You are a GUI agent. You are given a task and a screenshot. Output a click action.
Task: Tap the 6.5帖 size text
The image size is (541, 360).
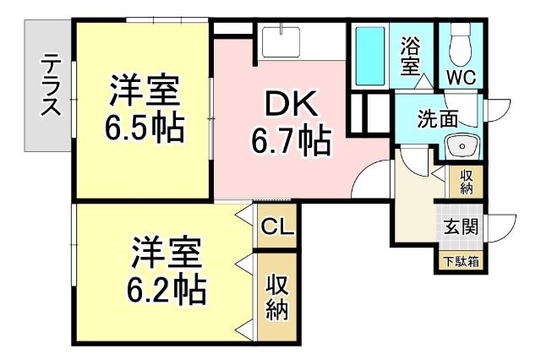pos(145,127)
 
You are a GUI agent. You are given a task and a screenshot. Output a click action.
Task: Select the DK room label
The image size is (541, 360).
pos(290,105)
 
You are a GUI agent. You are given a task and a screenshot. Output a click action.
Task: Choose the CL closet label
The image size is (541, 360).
pos(277,226)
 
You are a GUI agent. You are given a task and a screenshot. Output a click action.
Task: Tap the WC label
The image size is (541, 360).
pos(462,76)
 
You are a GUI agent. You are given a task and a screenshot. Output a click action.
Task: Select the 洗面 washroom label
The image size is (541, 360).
pos(437,119)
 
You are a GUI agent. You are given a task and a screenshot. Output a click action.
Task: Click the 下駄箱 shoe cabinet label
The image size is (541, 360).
pos(462,261)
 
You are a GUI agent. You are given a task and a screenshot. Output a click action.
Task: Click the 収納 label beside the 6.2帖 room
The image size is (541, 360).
pos(277,297)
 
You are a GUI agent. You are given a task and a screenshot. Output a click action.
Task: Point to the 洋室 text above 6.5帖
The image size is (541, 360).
pos(145,90)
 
